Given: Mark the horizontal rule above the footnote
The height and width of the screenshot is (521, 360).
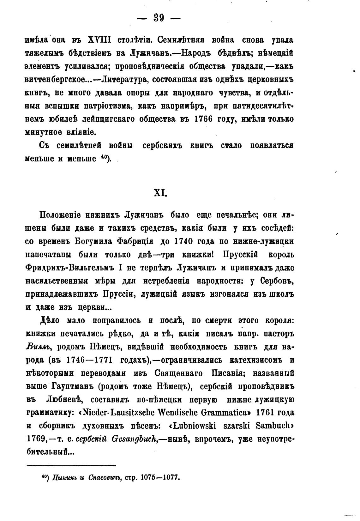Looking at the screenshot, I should click(71, 465).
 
